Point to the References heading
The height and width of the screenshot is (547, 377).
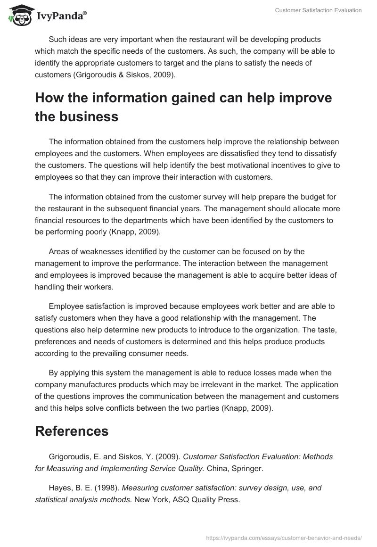click(x=72, y=431)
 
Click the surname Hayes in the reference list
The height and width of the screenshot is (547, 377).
click(x=59, y=488)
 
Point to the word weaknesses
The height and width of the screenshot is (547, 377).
click(x=95, y=252)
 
